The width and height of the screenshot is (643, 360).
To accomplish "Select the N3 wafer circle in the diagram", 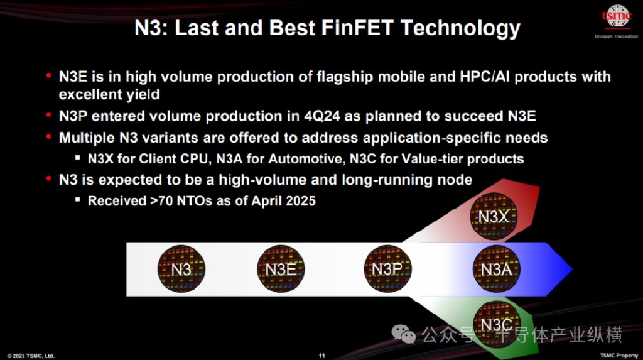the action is [x=181, y=269].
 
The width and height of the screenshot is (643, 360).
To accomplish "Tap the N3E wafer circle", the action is [x=281, y=269].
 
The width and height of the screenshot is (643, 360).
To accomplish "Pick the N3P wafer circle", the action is [x=387, y=269].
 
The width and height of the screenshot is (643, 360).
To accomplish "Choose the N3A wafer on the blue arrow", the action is [x=496, y=269].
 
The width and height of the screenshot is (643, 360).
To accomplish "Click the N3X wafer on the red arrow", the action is [x=494, y=216].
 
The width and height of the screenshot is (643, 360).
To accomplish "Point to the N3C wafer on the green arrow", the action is [x=497, y=324].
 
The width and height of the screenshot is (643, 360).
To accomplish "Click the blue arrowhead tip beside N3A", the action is [x=572, y=269].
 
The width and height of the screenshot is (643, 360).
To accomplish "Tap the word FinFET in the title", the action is [x=357, y=28].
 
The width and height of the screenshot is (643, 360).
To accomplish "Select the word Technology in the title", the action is [x=460, y=29].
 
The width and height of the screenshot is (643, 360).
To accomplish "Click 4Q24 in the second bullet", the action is [x=322, y=116].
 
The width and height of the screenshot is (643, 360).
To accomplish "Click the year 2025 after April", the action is [x=301, y=200].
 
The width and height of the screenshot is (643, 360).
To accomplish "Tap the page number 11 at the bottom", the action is [x=322, y=356].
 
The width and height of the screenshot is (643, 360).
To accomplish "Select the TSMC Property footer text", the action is [x=619, y=356].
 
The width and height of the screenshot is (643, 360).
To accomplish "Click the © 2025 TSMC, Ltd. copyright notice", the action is [x=31, y=356].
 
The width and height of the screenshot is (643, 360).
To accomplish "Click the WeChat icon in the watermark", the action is [x=404, y=334].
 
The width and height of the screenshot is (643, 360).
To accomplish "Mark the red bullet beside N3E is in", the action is [x=49, y=75].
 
